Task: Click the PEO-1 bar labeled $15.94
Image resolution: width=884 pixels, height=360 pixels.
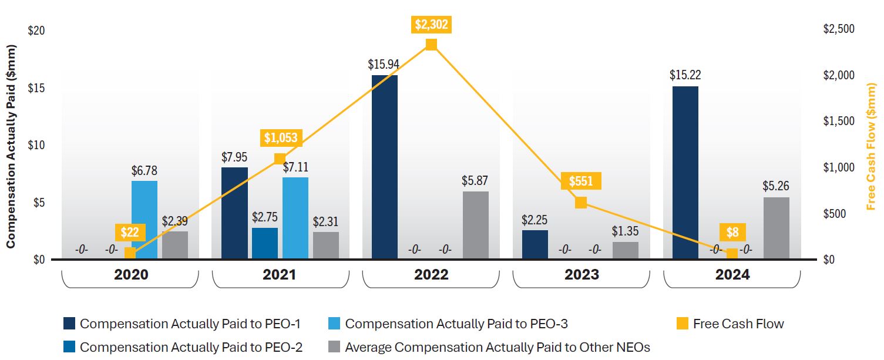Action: tap(384, 167)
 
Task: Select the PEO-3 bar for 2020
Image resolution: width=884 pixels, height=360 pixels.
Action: tap(144, 220)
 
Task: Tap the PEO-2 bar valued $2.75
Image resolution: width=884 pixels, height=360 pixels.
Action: tap(265, 244)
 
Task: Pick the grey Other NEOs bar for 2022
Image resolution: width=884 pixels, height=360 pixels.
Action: tap(475, 226)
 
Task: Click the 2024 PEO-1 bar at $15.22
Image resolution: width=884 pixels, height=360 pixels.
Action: tap(685, 173)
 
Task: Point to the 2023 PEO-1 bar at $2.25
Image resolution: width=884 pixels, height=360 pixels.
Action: tap(535, 244)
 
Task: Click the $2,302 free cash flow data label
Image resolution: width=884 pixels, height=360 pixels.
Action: tap(431, 25)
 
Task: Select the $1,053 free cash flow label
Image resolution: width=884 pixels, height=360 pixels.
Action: tap(281, 138)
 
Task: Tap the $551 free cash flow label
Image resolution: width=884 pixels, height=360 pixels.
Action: tap(581, 181)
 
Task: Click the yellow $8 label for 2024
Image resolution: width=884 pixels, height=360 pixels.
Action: tap(732, 232)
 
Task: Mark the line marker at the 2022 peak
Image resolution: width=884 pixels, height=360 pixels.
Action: tap(431, 45)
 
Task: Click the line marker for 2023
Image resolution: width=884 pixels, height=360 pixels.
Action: tap(581, 203)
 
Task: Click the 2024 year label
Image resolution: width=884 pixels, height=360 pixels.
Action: tap(732, 274)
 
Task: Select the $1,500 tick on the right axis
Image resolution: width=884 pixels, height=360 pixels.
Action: tap(839, 121)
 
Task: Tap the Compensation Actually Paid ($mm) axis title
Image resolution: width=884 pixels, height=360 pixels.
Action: tap(11, 149)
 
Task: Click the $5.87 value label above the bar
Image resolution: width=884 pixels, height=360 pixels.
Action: tap(475, 181)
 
